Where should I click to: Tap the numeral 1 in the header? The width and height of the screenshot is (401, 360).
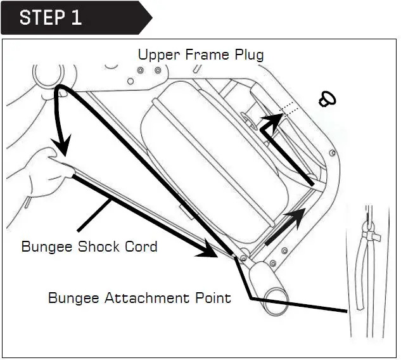coord(76,17)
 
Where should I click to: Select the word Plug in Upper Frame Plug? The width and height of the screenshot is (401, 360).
coord(248,55)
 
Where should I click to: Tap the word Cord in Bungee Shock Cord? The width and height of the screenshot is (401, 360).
coord(142,247)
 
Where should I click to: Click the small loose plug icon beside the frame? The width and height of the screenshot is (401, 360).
coord(328,98)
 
